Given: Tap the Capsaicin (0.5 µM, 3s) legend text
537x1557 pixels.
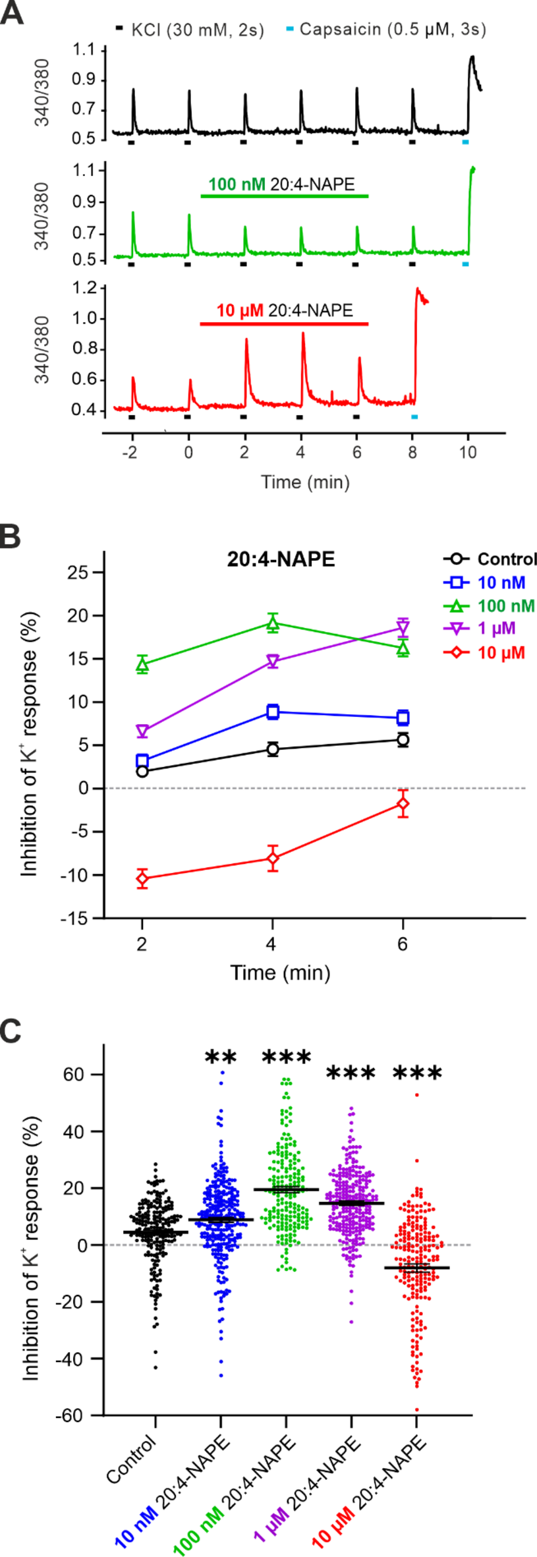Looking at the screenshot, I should [x=393, y=29].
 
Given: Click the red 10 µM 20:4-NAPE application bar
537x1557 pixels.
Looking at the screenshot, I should [x=284, y=324].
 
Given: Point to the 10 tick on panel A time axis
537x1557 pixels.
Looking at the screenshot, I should [x=468, y=453].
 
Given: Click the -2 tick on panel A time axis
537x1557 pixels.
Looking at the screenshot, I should [x=132, y=453].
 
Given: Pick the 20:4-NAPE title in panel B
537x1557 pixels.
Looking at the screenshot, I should [x=281, y=559].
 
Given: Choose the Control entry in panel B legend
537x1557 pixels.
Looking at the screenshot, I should [x=506, y=559].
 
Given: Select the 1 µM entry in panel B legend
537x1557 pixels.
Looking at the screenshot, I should [x=496, y=628].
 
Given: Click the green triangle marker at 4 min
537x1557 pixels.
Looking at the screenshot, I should [x=272, y=624].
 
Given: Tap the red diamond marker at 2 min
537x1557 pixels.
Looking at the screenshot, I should [x=142, y=878].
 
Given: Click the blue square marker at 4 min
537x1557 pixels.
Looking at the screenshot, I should [x=272, y=712].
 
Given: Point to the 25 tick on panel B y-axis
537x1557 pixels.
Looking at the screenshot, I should [x=78, y=572].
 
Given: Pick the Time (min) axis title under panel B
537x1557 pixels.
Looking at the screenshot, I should [x=280, y=973].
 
